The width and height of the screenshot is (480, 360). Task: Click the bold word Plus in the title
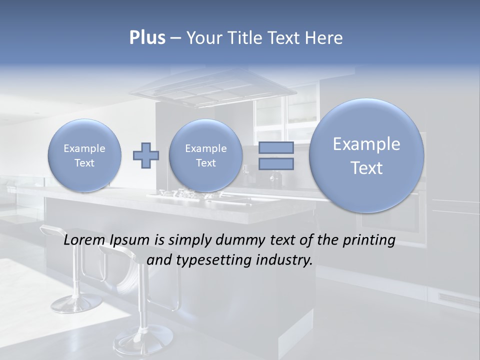tap(147, 38)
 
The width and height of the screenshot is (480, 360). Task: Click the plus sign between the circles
tap(145, 155)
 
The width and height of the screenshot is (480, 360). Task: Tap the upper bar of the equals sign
tap(276, 147)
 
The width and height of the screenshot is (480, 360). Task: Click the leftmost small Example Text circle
tap(84, 155)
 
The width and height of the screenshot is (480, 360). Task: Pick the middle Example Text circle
tap(205, 155)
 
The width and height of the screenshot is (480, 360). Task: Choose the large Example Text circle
tap(366, 155)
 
